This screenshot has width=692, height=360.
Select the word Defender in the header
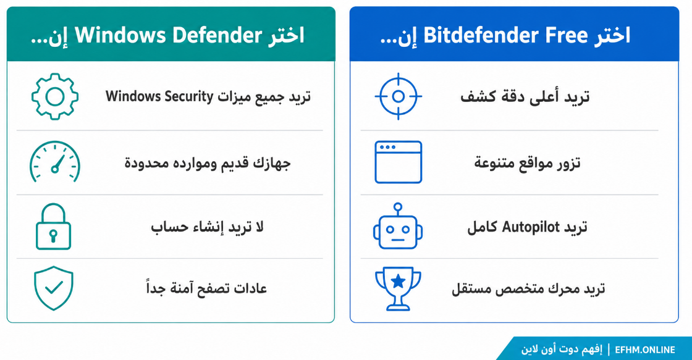point(217,35)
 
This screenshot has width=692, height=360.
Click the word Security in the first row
point(189,96)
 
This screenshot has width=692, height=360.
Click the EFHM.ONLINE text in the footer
point(645,350)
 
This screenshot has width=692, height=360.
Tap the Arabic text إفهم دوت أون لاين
point(562,350)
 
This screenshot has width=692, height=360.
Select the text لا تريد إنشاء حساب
point(207,227)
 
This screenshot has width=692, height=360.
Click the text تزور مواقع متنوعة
point(528,163)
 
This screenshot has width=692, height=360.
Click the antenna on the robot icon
point(398,209)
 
